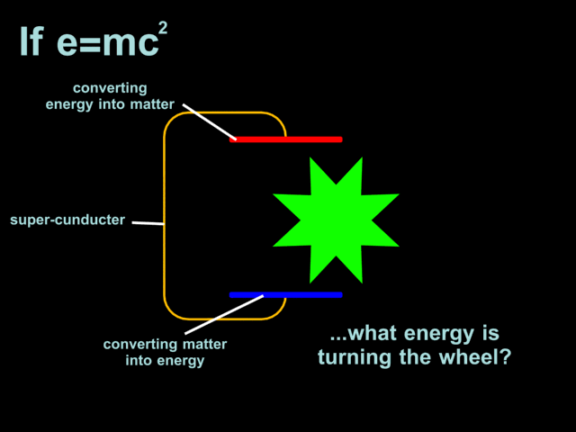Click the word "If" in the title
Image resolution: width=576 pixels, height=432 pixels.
point(31,41)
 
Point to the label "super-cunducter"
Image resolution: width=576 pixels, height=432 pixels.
point(67,220)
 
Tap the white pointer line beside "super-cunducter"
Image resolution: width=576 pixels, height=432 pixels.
point(148,221)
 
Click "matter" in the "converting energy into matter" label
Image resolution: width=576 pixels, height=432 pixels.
point(152,104)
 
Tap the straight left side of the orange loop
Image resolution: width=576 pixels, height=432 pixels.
point(165,216)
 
